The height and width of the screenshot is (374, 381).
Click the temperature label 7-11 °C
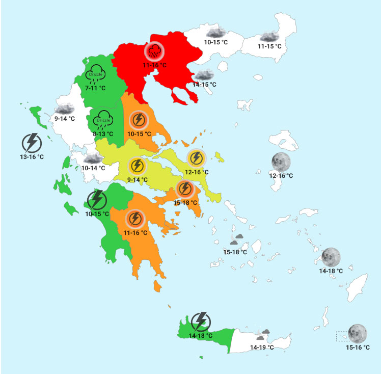click(95, 88)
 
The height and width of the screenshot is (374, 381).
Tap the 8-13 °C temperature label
click(103, 133)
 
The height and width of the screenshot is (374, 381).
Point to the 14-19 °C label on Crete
click(262, 347)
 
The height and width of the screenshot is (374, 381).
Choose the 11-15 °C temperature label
click(269, 46)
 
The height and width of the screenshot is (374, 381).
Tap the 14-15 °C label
click(204, 84)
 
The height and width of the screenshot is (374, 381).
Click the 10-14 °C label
click(93, 168)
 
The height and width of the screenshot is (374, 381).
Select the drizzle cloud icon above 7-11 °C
click(96, 74)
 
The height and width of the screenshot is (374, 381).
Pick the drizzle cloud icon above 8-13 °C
click(103, 120)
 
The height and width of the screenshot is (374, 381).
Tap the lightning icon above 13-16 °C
click(31, 142)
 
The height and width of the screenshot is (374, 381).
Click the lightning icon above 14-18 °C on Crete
click(200, 321)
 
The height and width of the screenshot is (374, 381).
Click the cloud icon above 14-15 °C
click(204, 75)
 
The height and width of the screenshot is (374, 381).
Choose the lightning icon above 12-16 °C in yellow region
click(196, 158)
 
